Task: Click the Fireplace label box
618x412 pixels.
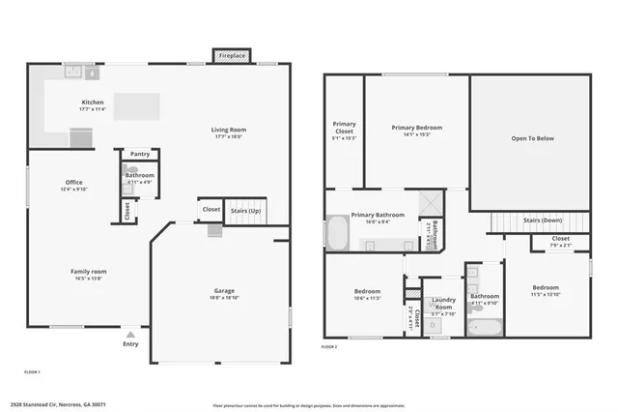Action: (232, 56)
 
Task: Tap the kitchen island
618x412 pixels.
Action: (136, 104)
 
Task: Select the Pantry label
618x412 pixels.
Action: (140, 154)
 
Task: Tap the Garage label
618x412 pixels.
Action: (224, 291)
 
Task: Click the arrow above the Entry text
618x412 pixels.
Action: (130, 331)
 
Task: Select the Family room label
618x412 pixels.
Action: (88, 272)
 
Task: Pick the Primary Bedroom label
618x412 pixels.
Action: (417, 128)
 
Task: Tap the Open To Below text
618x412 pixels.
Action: (532, 138)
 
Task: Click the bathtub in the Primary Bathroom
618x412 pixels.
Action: (338, 233)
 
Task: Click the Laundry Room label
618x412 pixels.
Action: (443, 301)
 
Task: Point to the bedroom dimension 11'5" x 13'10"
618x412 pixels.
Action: (547, 294)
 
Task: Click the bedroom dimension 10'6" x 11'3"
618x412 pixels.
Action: (367, 298)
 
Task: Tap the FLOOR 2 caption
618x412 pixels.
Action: (329, 346)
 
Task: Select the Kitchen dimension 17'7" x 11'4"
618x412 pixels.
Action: (93, 109)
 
